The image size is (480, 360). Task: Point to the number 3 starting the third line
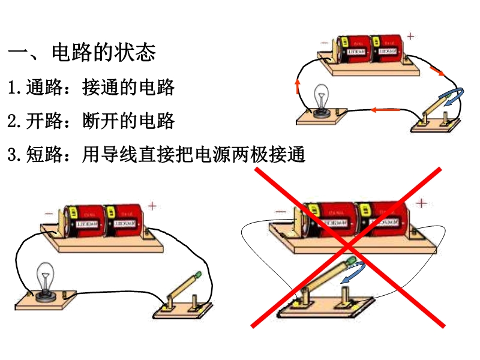pyautogui.click(x=12, y=155)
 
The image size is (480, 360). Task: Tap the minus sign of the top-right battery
pyautogui.click(x=325, y=43)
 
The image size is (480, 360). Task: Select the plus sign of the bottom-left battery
pyautogui.click(x=152, y=206)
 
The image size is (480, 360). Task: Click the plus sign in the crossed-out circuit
pyautogui.click(x=422, y=203)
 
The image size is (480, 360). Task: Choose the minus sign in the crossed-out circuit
pyautogui.click(x=280, y=212)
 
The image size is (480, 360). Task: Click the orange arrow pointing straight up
pyautogui.click(x=297, y=86)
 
